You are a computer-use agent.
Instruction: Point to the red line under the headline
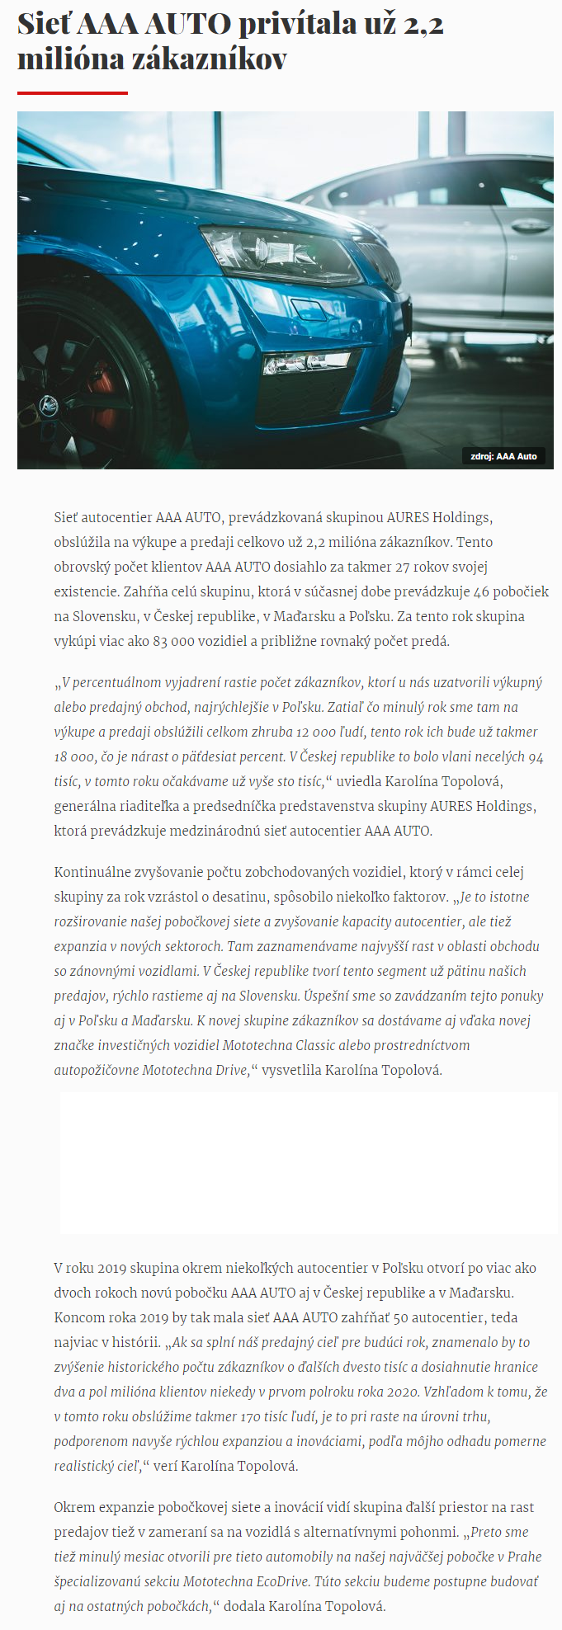pyautogui.click(x=73, y=93)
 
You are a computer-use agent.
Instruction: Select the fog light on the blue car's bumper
pyautogui.click(x=305, y=363)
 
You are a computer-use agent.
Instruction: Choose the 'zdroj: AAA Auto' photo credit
pyautogui.click(x=503, y=456)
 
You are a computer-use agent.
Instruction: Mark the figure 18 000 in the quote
pyautogui.click(x=70, y=757)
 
